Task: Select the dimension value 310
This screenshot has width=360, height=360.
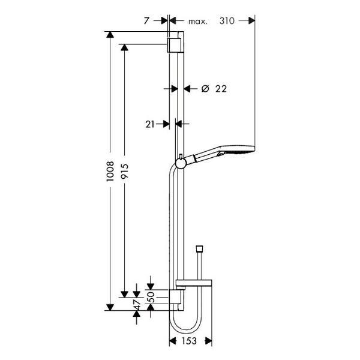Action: pos(226,22)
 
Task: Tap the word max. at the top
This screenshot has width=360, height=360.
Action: pos(197,22)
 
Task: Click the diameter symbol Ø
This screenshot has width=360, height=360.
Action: pos(205,88)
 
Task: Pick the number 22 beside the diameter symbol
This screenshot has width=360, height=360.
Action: pos(220,88)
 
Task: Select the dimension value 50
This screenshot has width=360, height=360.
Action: pos(151,296)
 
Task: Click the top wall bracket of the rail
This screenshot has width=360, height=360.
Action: pos(176,44)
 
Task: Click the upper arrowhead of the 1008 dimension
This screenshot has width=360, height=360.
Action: pos(110,34)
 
